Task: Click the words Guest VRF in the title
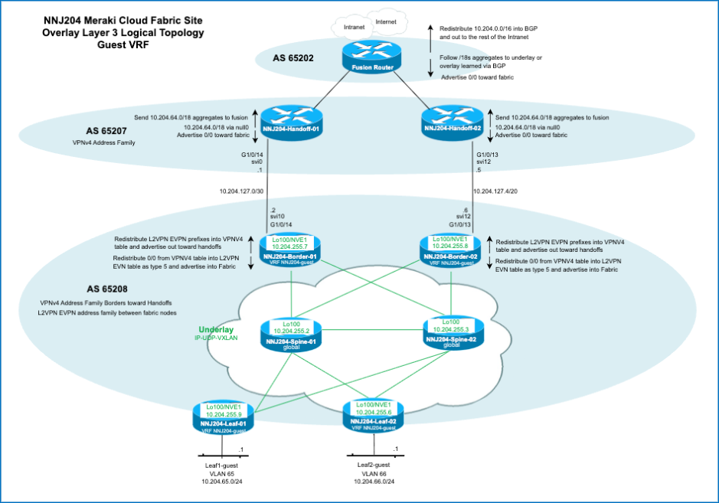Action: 123,45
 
